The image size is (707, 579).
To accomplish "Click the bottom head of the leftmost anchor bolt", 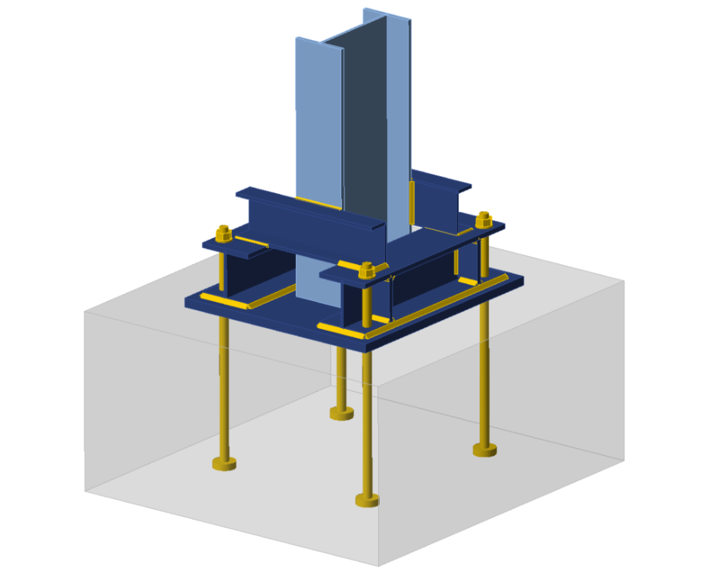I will coord(223,464).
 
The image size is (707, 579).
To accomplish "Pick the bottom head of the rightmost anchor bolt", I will coord(484,450).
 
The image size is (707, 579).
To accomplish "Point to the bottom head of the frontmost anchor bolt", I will coord(367,500).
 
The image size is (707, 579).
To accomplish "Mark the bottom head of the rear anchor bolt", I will coord(342,414).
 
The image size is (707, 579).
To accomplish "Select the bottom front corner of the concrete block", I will coord(380,567).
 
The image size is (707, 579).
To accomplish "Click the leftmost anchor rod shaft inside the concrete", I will coord(223,385).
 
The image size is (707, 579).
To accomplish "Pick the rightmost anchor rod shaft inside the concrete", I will coord(484,370).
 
